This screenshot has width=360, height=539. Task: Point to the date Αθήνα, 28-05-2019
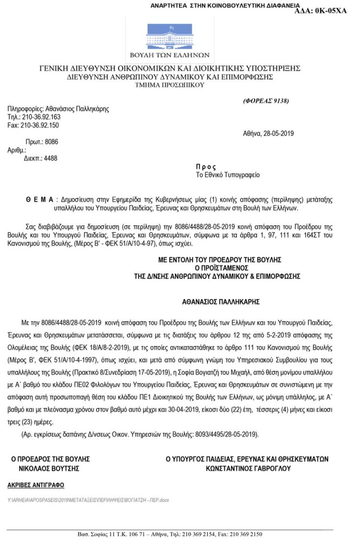(x=268, y=134)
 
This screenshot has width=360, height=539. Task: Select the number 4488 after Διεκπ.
(x=51, y=158)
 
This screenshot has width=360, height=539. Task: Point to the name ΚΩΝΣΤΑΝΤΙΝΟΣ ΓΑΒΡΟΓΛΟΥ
(x=248, y=468)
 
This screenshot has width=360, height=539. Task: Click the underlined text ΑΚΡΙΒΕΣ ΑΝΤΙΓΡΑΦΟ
(x=35, y=485)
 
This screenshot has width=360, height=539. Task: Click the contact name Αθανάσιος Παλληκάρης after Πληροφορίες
(x=77, y=109)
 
